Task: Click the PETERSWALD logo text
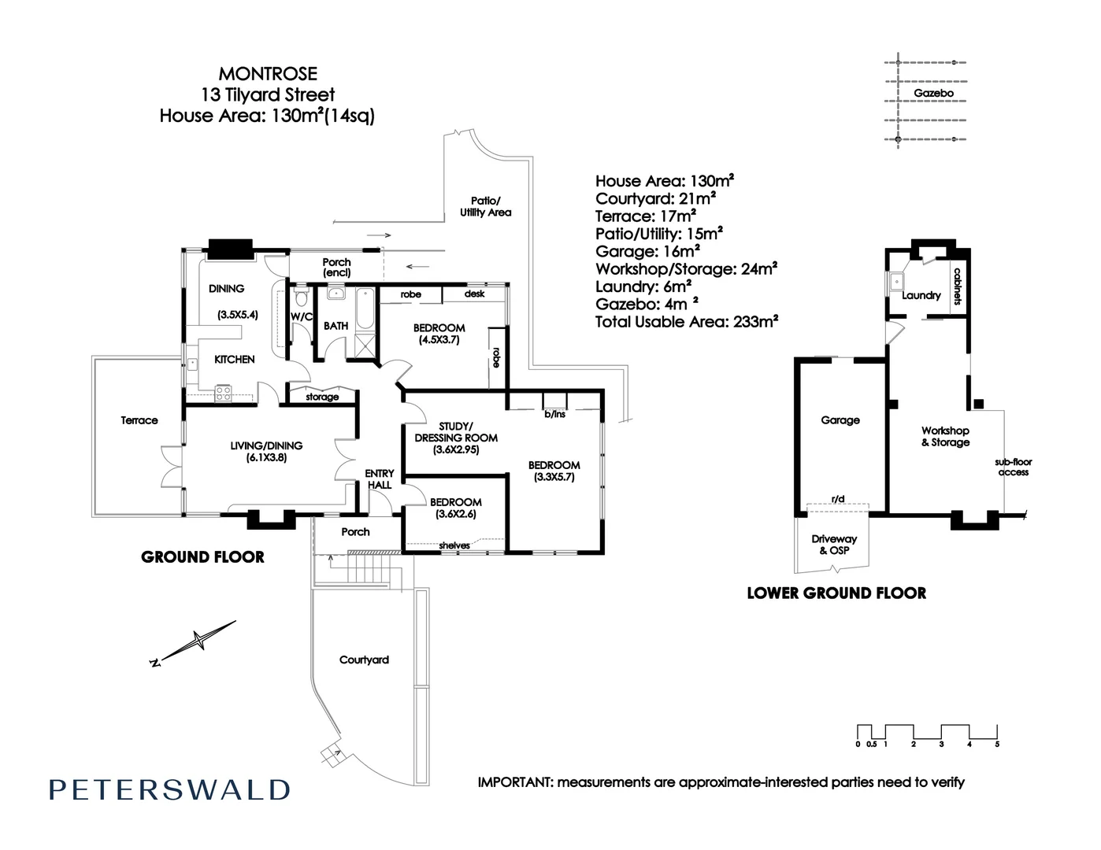[x=169, y=789]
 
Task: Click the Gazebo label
[x=933, y=93]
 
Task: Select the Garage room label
[x=840, y=420]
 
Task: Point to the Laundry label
[x=921, y=296]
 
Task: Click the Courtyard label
[x=364, y=660]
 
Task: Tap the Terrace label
[x=139, y=420]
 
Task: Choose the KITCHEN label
[x=235, y=359]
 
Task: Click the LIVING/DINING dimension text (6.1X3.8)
[x=266, y=457]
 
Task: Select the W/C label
[x=302, y=316]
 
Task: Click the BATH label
[x=335, y=325]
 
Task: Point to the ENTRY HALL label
[x=379, y=479]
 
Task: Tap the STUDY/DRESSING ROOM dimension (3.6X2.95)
[x=455, y=450]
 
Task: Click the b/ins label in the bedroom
[x=554, y=414]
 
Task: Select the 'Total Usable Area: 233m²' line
[x=687, y=322]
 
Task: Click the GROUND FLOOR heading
[x=202, y=557]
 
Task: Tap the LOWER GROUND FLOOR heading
[x=836, y=593]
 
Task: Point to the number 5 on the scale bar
[x=997, y=744]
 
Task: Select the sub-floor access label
[x=1013, y=468]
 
